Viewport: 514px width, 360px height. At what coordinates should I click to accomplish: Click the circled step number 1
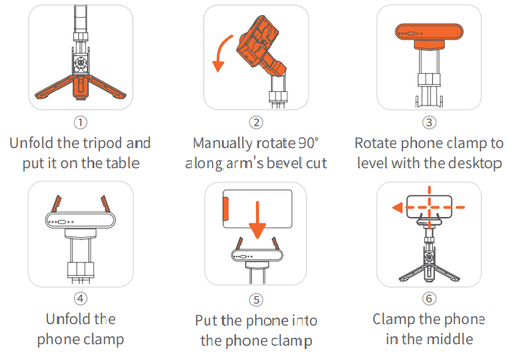pos(81,122)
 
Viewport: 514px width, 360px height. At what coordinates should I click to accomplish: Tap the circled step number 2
pos(256,122)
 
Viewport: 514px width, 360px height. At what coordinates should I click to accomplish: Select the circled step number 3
pos(429,122)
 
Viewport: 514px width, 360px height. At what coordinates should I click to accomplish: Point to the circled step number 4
pos(81,298)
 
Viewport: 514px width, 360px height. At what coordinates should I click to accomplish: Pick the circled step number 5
pos(256,300)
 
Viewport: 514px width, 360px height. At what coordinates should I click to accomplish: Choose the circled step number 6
pos(429,298)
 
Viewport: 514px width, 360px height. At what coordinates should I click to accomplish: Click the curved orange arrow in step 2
pos(219,49)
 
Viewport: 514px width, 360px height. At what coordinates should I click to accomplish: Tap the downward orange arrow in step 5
pos(257,220)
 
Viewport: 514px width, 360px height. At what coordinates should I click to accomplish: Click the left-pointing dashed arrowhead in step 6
pos(398,208)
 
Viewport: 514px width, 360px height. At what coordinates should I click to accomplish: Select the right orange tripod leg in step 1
pos(108,88)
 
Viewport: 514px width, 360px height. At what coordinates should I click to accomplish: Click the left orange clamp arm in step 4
pos(56,203)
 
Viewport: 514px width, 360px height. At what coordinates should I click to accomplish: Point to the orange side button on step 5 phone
pos(226,209)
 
